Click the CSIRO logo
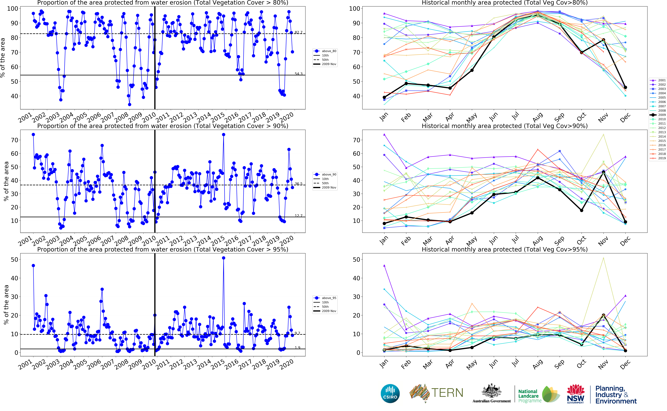390,394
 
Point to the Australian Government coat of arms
492,391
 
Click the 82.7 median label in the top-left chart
298,32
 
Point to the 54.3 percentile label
298,74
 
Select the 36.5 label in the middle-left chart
298,184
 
